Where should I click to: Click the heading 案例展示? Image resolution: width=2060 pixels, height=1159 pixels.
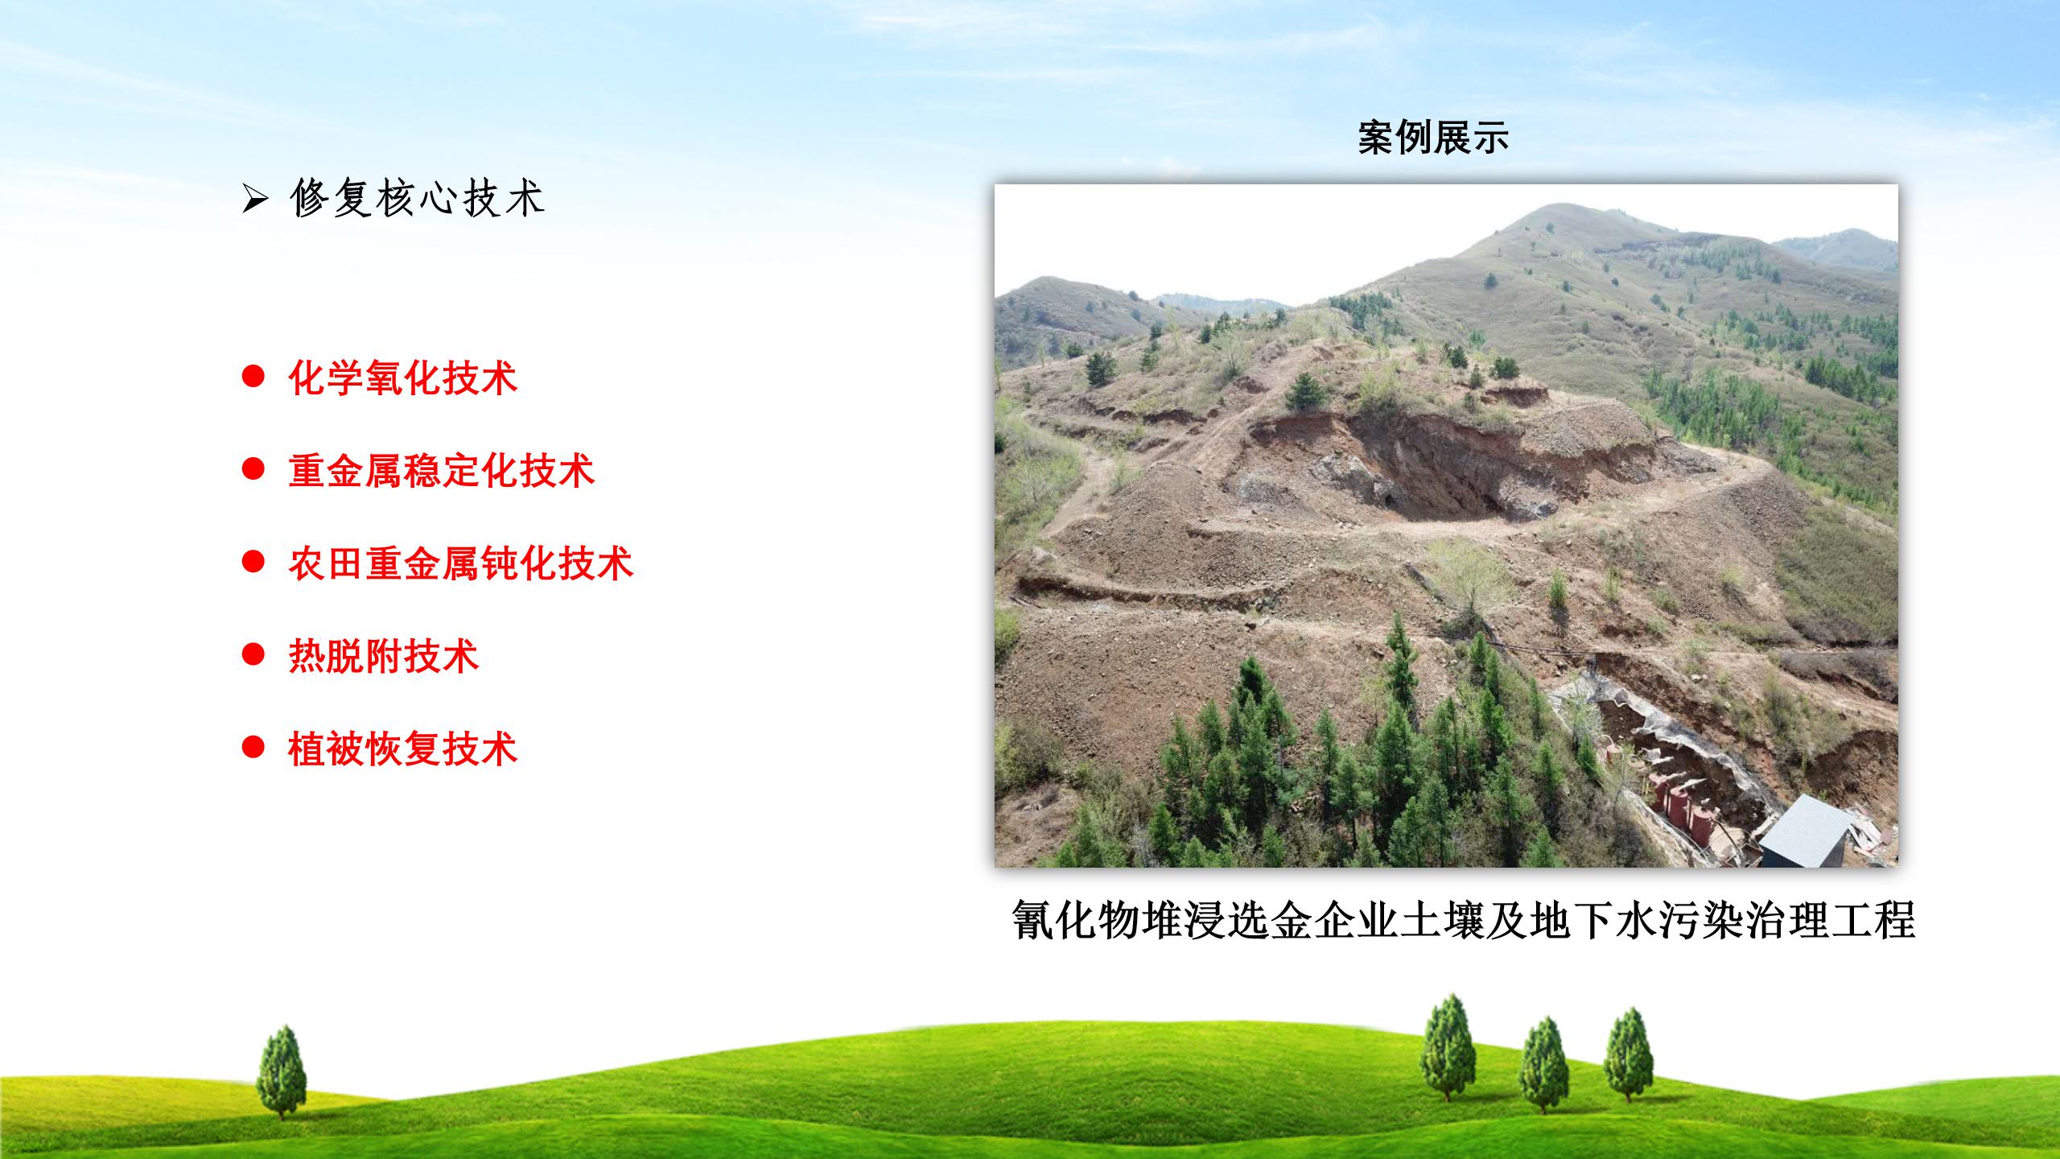[1433, 138]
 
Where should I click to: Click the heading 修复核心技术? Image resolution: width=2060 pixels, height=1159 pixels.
[418, 198]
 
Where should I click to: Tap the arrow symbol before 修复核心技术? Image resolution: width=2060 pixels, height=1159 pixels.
[254, 200]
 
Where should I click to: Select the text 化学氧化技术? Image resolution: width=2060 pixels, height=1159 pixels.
[403, 378]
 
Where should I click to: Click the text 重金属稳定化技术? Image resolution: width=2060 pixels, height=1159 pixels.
[442, 471]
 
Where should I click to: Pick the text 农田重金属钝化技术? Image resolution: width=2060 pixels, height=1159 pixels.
[461, 563]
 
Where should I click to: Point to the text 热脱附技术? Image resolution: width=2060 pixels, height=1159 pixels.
[384, 656]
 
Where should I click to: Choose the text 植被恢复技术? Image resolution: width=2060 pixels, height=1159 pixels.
[403, 749]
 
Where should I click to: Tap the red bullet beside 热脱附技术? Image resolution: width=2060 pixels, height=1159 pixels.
[253, 654]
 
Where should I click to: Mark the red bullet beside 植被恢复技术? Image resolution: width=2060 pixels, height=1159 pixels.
[253, 746]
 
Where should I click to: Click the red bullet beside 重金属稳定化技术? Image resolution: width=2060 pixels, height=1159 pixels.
[253, 468]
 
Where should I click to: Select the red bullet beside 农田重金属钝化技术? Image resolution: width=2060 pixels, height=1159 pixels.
[253, 561]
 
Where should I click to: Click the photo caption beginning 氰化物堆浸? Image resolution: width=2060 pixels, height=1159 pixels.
[1464, 920]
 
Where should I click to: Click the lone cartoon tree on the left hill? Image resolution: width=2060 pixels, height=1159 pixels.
[281, 1071]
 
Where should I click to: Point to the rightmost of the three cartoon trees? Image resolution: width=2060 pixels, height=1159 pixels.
[1628, 1054]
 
